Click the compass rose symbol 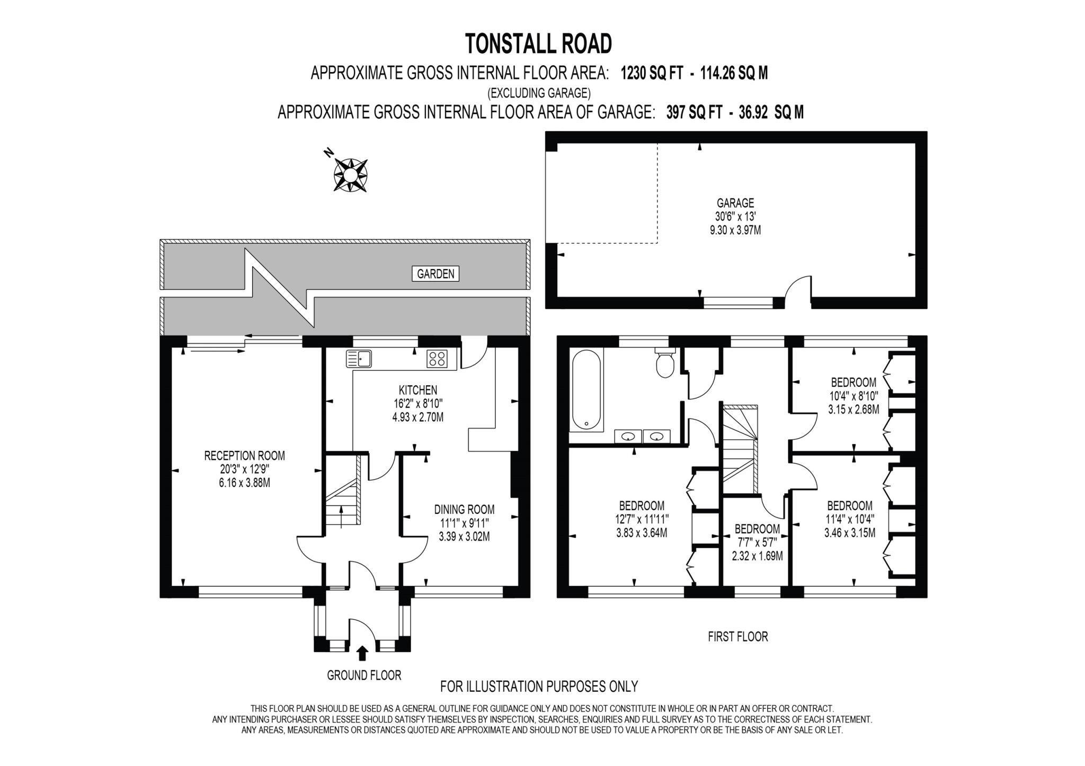[x=350, y=174]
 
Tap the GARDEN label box [x=435, y=274]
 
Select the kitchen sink [x=359, y=359]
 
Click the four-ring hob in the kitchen [x=437, y=359]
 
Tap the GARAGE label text [x=735, y=203]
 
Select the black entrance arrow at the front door [x=362, y=653]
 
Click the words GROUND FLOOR [x=364, y=675]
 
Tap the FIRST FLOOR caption [x=737, y=637]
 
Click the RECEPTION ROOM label [x=244, y=456]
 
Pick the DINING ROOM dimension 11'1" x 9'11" [x=464, y=523]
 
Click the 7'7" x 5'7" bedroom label [x=757, y=542]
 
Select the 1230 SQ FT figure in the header [x=652, y=73]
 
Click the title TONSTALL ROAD [x=539, y=43]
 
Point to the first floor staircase [x=740, y=448]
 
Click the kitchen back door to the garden [x=473, y=353]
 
